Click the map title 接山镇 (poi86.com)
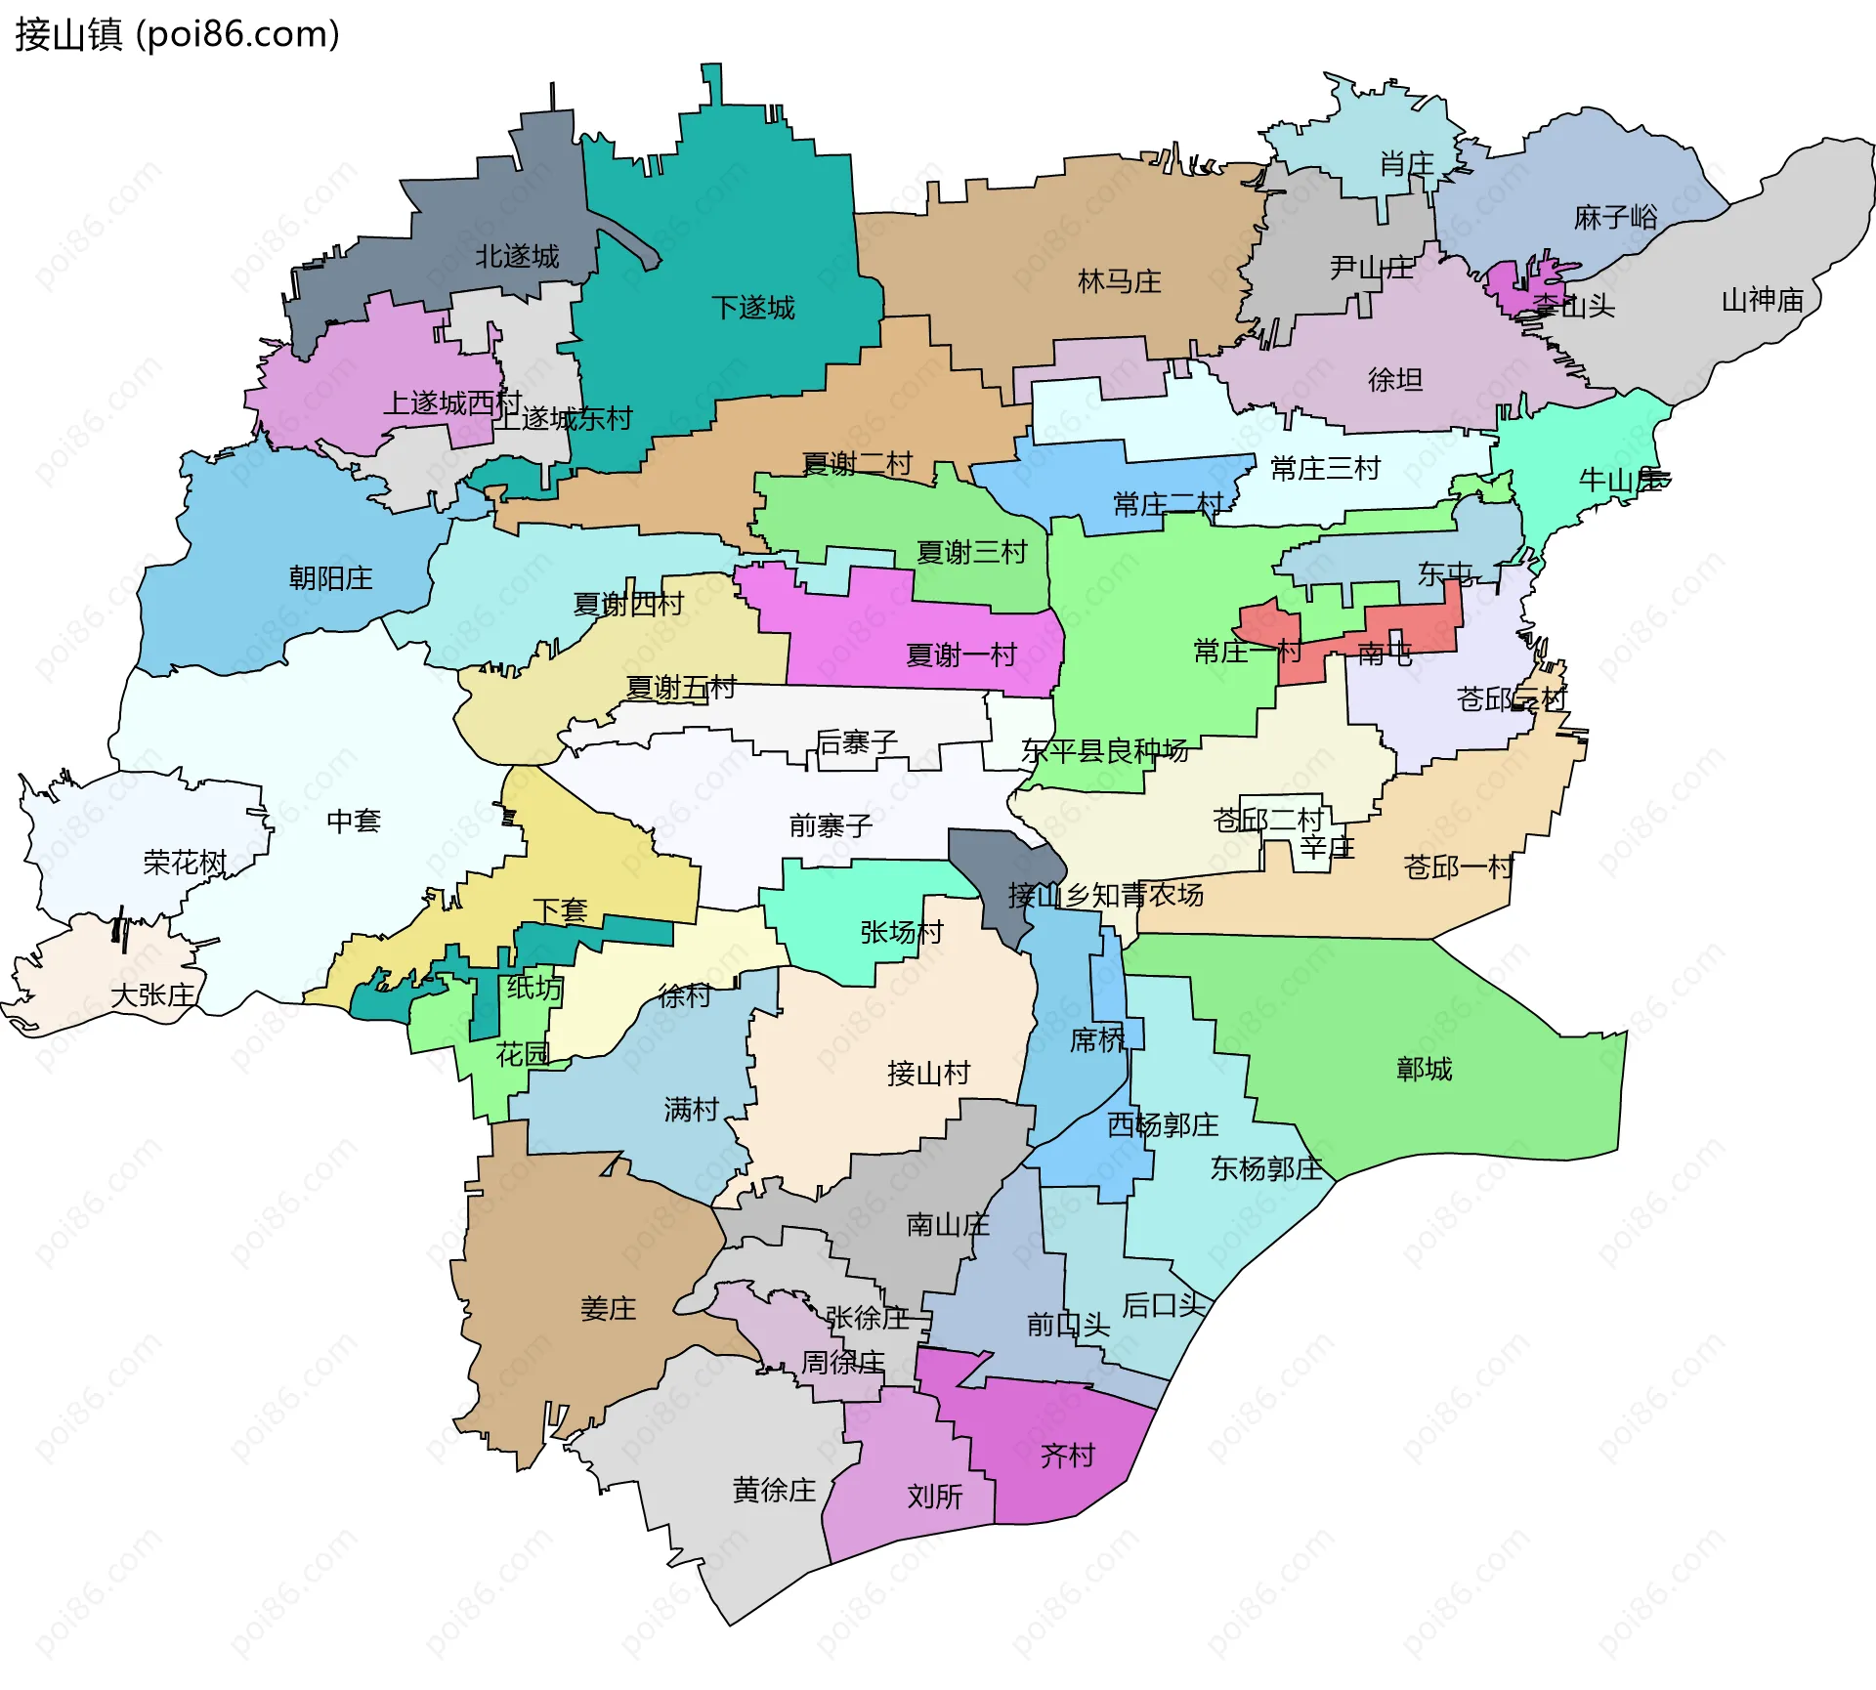click(x=177, y=34)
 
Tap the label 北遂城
click(x=517, y=257)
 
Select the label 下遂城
click(x=752, y=308)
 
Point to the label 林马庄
click(x=1119, y=282)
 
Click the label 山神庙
click(x=1762, y=300)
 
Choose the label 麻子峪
click(x=1615, y=217)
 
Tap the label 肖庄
click(x=1406, y=164)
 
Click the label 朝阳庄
click(x=330, y=578)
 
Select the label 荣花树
click(x=185, y=863)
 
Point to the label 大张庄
click(x=152, y=995)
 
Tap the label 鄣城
click(x=1424, y=1070)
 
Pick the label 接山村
click(x=928, y=1074)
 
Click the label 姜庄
click(x=608, y=1309)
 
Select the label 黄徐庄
click(x=774, y=1490)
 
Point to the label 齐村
click(x=1067, y=1456)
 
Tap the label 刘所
click(x=934, y=1497)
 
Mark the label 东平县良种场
click(x=1104, y=750)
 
